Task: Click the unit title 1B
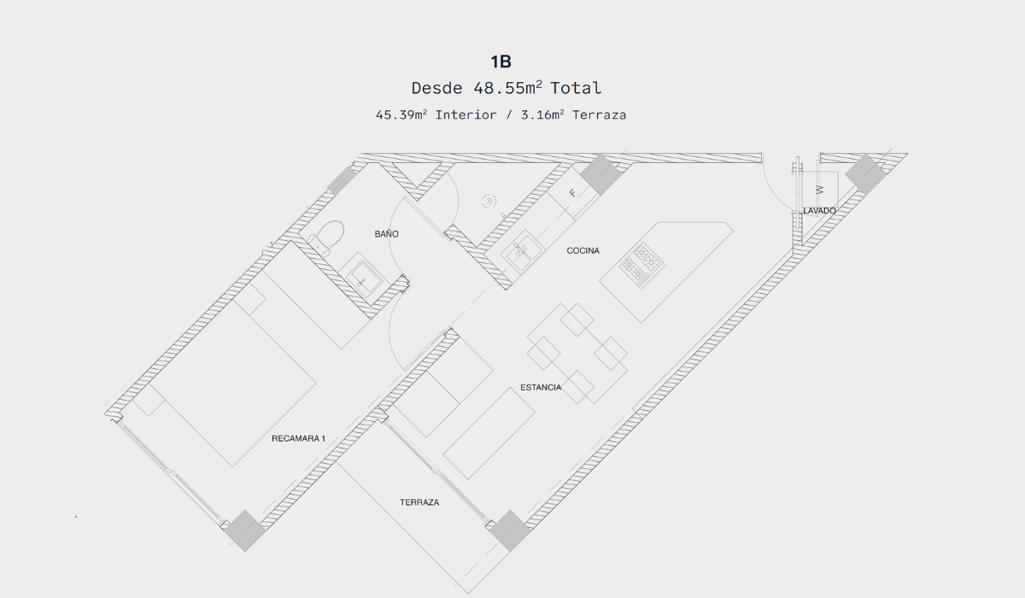click(501, 62)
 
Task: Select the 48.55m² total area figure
click(507, 88)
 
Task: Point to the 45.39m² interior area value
click(401, 114)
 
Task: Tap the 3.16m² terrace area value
click(542, 114)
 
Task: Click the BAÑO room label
click(387, 234)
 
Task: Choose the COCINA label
click(583, 250)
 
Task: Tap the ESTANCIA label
click(541, 388)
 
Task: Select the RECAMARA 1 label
click(298, 438)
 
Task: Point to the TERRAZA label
click(419, 502)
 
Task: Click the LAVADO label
click(819, 210)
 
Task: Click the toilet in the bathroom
click(326, 237)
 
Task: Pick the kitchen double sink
click(521, 251)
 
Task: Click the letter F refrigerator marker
click(572, 193)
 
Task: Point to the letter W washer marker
click(819, 190)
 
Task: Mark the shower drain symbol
click(489, 201)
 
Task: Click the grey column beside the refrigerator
click(600, 175)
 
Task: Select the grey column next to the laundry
click(865, 174)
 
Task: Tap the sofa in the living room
click(489, 433)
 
